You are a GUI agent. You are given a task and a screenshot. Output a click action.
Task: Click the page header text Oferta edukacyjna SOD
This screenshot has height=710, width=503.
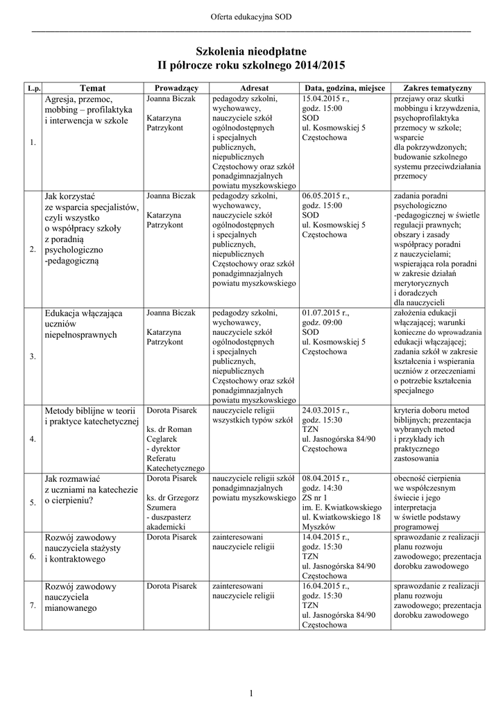tap(251, 16)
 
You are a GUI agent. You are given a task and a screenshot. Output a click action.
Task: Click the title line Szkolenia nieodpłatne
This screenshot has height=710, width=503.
tap(251, 51)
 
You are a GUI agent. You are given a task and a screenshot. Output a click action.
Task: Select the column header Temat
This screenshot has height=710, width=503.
tap(92, 88)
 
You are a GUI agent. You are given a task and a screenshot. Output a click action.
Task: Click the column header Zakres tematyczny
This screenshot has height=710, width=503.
tap(432, 88)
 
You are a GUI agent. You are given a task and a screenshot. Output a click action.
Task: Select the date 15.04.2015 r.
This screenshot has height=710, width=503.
tap(326, 99)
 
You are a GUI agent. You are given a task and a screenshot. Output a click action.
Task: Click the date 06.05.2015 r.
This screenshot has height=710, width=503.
tap(326, 196)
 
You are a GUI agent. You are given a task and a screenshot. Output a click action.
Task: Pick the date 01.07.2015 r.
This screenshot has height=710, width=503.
tap(326, 313)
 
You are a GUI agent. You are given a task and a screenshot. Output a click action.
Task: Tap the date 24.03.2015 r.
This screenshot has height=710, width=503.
tap(326, 410)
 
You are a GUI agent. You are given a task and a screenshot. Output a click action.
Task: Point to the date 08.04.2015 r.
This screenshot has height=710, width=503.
tap(326, 478)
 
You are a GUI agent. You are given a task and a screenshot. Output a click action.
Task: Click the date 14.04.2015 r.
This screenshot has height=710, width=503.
tap(326, 537)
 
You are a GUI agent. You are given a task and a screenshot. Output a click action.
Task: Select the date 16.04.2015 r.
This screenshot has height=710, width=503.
tap(326, 586)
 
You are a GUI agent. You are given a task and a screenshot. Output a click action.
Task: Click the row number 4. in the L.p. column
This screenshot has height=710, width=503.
tap(33, 440)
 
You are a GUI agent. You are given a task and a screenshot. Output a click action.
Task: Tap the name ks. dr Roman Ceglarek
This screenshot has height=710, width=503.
tap(170, 434)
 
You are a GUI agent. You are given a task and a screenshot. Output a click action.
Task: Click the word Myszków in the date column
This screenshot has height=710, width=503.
tap(318, 528)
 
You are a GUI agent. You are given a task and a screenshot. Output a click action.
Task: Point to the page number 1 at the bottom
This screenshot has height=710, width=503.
tap(251, 693)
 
